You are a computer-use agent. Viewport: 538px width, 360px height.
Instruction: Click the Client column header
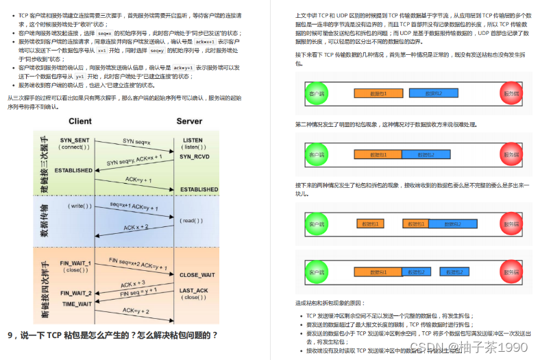point(80,121)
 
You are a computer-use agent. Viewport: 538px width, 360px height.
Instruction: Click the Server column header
point(190,121)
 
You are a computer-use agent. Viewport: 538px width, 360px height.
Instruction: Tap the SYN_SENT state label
point(75,140)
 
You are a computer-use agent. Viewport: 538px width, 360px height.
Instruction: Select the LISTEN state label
point(193,140)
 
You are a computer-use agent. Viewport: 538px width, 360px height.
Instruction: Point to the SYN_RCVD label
point(194,156)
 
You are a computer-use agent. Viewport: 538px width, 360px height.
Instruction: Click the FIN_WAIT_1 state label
point(75,263)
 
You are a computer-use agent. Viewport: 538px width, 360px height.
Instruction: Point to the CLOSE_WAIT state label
point(198,275)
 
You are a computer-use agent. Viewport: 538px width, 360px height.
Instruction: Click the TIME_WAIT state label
point(77,303)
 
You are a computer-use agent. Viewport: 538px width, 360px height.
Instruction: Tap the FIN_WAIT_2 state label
point(75,293)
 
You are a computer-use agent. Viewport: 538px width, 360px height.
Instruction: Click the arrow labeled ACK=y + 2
point(138,311)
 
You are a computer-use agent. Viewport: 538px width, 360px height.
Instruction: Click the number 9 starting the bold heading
point(10,335)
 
